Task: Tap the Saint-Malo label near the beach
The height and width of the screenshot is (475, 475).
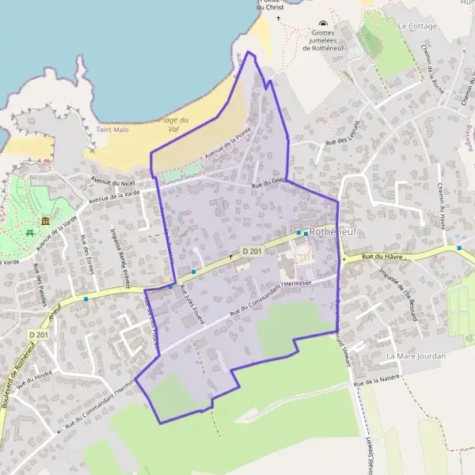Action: (111, 129)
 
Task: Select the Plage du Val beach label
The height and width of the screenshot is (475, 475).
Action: (174, 123)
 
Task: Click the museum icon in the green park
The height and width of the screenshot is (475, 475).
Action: (46, 220)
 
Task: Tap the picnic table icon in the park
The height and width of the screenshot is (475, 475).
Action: (29, 233)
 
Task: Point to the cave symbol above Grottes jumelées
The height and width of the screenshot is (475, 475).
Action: (322, 24)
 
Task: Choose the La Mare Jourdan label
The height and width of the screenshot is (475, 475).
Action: (416, 356)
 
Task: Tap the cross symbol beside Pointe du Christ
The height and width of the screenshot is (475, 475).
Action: (278, 17)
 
